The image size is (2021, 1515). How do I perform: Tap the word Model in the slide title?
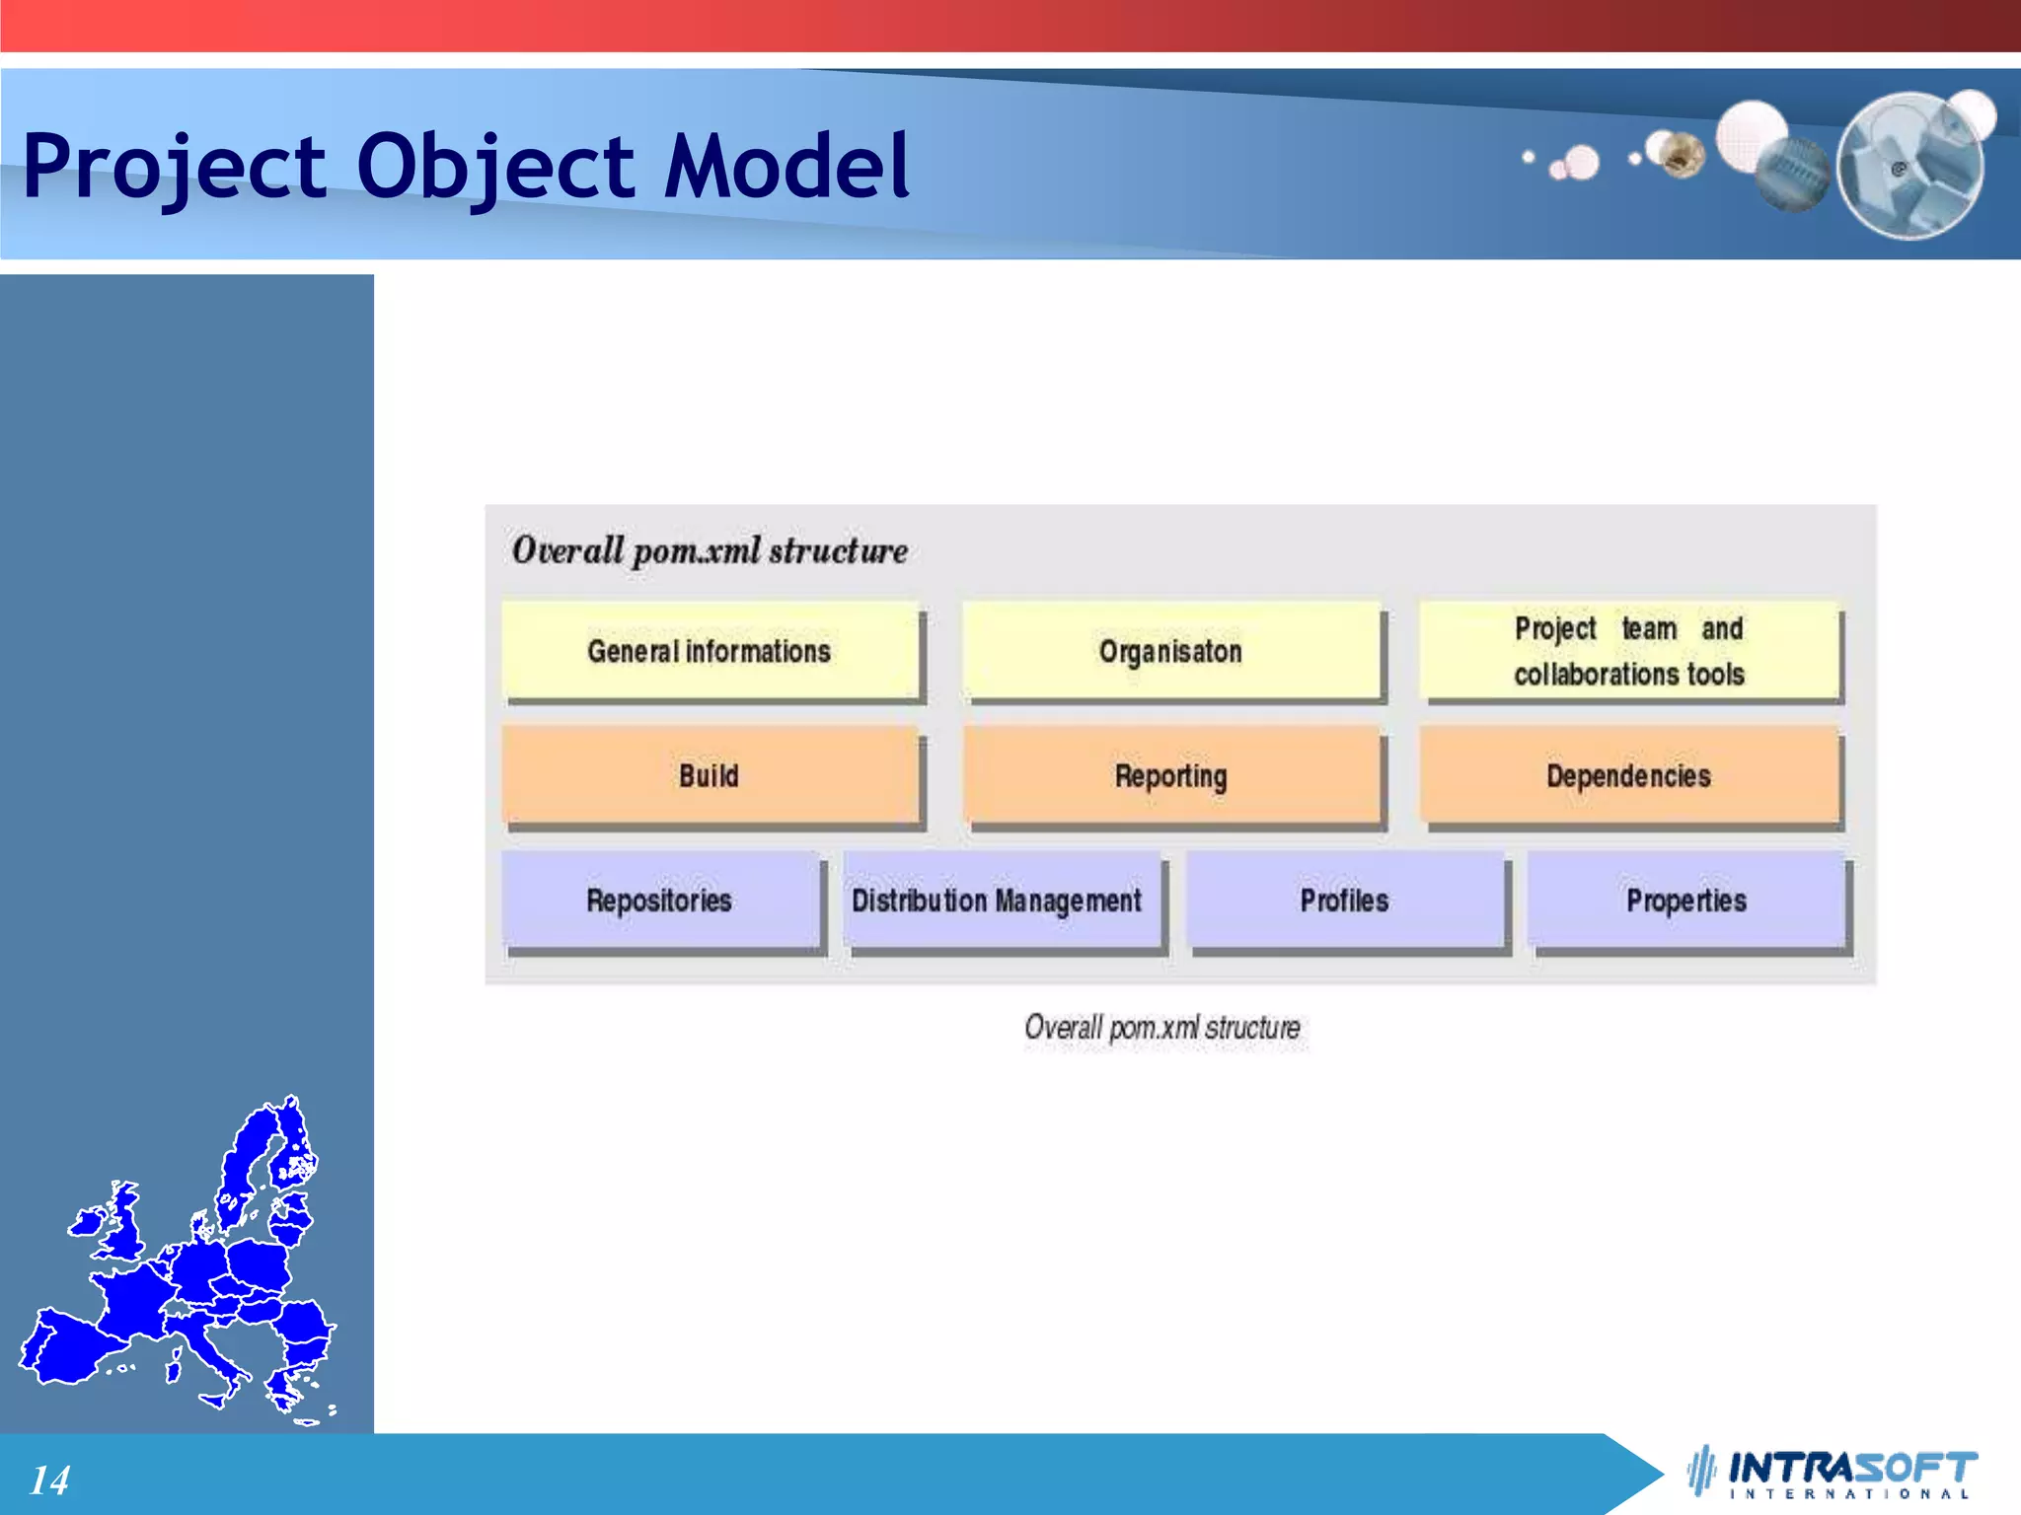click(786, 166)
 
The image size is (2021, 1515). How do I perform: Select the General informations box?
click(710, 651)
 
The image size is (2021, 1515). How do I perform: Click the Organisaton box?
click(1170, 651)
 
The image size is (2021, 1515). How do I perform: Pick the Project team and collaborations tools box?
click(1629, 651)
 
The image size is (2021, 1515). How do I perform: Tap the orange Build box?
click(709, 775)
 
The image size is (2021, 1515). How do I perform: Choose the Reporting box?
click(1170, 775)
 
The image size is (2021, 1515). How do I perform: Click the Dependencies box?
click(1629, 775)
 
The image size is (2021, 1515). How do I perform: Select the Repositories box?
click(659, 900)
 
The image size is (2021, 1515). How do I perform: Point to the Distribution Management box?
click(997, 900)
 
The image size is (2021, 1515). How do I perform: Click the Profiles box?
click(1344, 900)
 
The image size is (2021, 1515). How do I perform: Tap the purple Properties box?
click(1685, 900)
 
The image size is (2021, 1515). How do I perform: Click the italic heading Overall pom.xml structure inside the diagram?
click(710, 550)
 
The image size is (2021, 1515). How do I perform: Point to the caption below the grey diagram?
click(1162, 1028)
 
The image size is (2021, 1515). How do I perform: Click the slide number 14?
click(49, 1479)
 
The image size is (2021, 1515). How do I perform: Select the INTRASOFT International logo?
click(1835, 1473)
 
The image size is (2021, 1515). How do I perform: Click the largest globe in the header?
click(1909, 166)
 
